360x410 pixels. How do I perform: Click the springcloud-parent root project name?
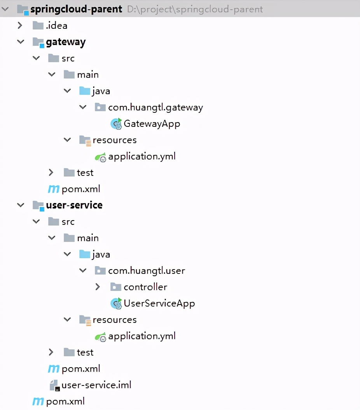(76, 9)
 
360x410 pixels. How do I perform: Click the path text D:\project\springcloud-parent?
(195, 9)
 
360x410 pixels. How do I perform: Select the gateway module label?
(66, 42)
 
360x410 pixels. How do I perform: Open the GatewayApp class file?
(152, 124)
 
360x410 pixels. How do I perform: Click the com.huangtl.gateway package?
(156, 107)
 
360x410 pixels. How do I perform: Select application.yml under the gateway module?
(142, 156)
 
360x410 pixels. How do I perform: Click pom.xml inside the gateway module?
(81, 189)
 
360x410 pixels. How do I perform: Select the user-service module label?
(74, 205)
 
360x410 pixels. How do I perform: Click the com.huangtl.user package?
(147, 271)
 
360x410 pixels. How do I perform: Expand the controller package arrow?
(98, 287)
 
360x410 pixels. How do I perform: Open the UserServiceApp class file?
(159, 303)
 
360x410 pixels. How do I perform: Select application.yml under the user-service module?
(142, 336)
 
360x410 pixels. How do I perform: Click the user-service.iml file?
(96, 385)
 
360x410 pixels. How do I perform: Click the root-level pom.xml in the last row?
(65, 401)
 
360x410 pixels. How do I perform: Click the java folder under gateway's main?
(101, 91)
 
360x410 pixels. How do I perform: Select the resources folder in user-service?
(115, 320)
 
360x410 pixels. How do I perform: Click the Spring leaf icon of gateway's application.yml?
(100, 157)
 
